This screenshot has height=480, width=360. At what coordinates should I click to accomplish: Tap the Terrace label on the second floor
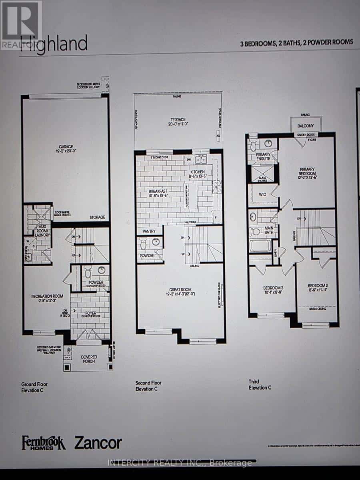(x=178, y=120)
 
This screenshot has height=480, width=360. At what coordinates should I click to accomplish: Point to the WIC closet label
(x=263, y=194)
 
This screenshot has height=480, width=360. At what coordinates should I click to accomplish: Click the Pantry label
(x=149, y=232)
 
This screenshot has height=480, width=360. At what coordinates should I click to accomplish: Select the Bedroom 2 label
(x=318, y=285)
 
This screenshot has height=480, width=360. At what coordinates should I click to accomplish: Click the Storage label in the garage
(x=97, y=217)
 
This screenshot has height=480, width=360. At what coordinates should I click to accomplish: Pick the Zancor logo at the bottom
(x=98, y=443)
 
